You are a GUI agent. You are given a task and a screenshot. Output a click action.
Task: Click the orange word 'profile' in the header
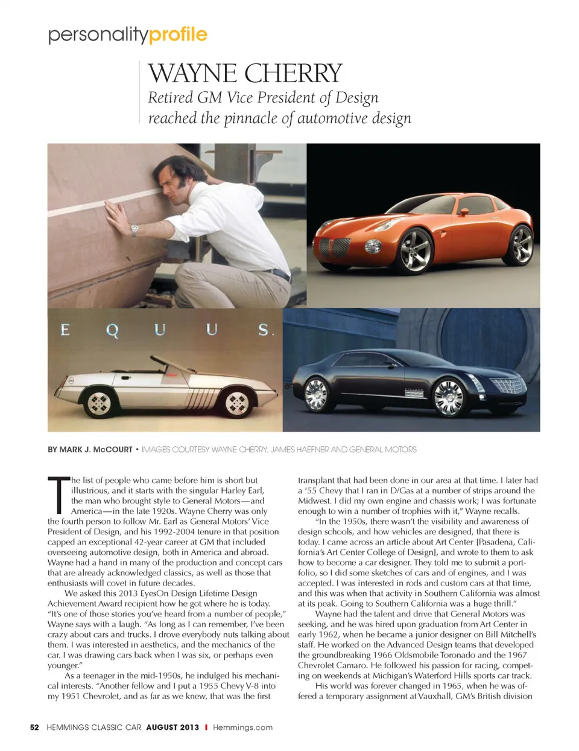pyautogui.click(x=178, y=34)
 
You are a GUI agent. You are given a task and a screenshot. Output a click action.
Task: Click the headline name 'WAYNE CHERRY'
pyautogui.click(x=245, y=74)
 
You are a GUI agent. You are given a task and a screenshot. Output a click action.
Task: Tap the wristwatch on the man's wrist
pyautogui.click(x=134, y=229)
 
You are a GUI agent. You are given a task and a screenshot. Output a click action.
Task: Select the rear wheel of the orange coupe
pyautogui.click(x=520, y=244)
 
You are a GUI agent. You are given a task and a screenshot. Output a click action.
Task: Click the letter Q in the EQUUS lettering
pyautogui.click(x=112, y=330)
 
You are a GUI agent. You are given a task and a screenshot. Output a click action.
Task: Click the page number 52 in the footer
pyautogui.click(x=34, y=727)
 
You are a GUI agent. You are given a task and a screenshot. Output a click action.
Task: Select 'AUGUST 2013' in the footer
pyautogui.click(x=172, y=727)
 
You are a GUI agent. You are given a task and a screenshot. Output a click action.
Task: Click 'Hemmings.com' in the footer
pyautogui.click(x=242, y=727)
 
